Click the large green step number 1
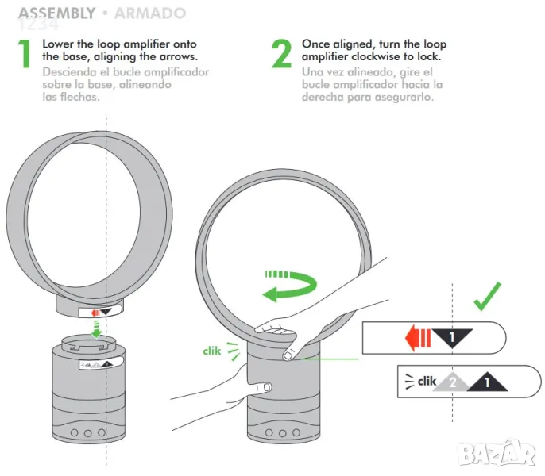coord(25,53)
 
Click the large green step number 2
coord(281,53)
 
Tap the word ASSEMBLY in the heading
coord(56,13)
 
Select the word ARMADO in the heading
coord(150,13)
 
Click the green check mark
coord(487,297)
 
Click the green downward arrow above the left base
coord(96,329)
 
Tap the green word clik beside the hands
coord(211,351)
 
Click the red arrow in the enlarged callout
coord(418,338)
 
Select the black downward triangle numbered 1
coord(452,337)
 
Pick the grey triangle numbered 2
coord(451,382)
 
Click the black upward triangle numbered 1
coord(487,382)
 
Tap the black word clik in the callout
coord(427,382)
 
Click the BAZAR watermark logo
coord(496,452)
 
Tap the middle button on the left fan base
coord(87,433)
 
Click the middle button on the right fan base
coord(283,433)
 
